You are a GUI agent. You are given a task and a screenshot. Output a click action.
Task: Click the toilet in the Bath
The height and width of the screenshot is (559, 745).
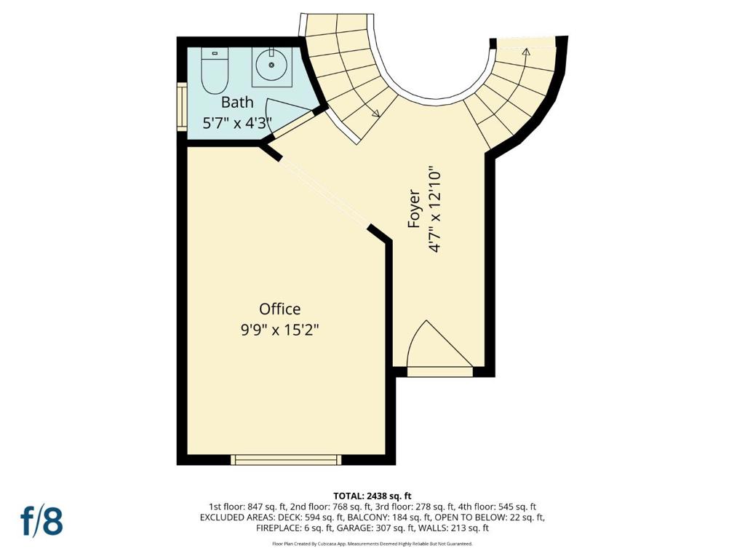[x=215, y=71]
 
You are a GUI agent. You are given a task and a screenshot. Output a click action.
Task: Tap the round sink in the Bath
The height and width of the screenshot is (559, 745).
[x=271, y=65]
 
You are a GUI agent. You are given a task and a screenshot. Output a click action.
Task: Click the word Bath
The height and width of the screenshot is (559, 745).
[x=237, y=102]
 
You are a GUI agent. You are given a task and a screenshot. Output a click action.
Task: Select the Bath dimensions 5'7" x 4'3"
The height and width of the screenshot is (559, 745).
[x=237, y=124]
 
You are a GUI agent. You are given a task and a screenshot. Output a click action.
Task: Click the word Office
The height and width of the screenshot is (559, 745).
[x=280, y=309]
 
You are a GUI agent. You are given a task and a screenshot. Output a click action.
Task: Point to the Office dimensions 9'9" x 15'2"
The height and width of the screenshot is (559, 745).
[x=280, y=330]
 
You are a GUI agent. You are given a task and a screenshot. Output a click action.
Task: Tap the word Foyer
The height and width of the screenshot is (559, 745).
[x=414, y=209]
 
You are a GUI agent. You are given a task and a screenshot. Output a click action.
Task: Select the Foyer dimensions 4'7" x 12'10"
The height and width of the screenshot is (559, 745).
[x=435, y=209]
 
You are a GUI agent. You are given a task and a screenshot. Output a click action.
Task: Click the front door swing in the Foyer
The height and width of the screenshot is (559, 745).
[x=439, y=344]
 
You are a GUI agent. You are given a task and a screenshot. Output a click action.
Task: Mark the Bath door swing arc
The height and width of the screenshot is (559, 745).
[x=285, y=111]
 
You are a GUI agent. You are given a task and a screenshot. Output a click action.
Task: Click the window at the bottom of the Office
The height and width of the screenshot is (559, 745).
[x=286, y=460]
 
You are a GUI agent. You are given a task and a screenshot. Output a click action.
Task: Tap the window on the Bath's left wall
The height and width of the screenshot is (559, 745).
[x=182, y=106]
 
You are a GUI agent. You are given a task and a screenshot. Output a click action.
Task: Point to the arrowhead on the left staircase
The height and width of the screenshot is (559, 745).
[x=375, y=113]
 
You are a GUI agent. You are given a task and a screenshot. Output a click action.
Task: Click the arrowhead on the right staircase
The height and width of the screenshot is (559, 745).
[x=525, y=52]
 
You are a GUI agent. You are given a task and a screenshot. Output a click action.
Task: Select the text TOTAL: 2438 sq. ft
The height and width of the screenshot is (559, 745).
[x=372, y=496]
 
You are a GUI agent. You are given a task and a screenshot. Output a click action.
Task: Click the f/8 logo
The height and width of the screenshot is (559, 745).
[x=41, y=521]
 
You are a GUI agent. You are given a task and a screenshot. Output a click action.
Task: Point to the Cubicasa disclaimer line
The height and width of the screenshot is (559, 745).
[x=372, y=543]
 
